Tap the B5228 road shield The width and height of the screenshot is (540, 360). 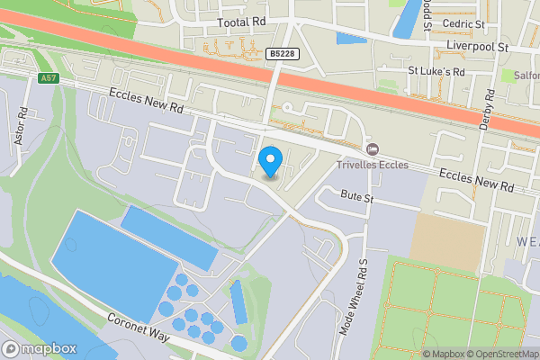click(282, 55)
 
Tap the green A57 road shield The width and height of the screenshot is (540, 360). click(49, 79)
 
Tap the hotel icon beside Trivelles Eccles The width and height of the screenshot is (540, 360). click(372, 148)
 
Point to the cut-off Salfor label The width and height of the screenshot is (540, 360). click(526, 76)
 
